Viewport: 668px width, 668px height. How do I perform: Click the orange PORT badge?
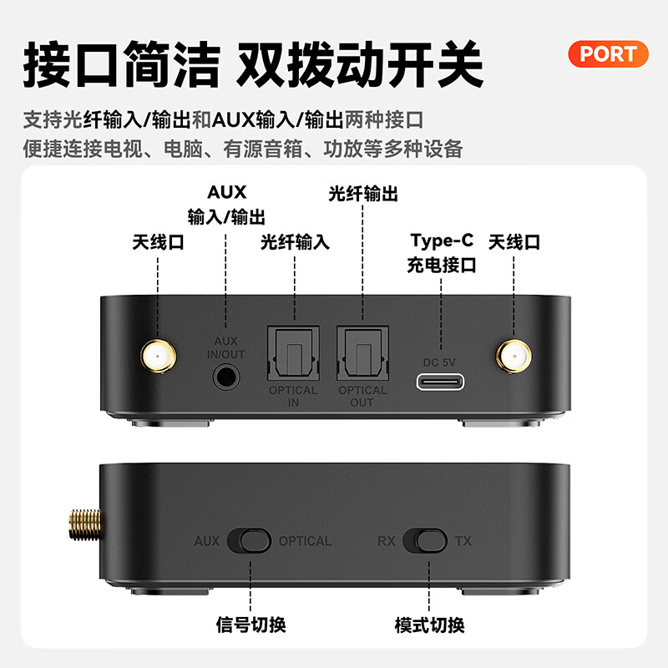[608, 54]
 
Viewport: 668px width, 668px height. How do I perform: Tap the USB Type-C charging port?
[442, 382]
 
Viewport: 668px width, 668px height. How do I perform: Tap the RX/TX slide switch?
[424, 540]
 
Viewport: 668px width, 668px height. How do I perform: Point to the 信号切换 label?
[250, 624]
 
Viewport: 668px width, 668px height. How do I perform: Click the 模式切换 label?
[429, 624]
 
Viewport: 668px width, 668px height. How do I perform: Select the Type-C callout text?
[442, 241]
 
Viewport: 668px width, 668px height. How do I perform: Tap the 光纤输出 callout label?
[363, 195]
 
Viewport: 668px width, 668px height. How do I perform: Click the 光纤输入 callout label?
[295, 242]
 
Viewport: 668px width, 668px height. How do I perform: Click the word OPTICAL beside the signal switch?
[305, 541]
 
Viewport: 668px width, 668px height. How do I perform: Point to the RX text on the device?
[386, 541]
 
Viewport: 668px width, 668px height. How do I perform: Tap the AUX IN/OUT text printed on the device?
[226, 347]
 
